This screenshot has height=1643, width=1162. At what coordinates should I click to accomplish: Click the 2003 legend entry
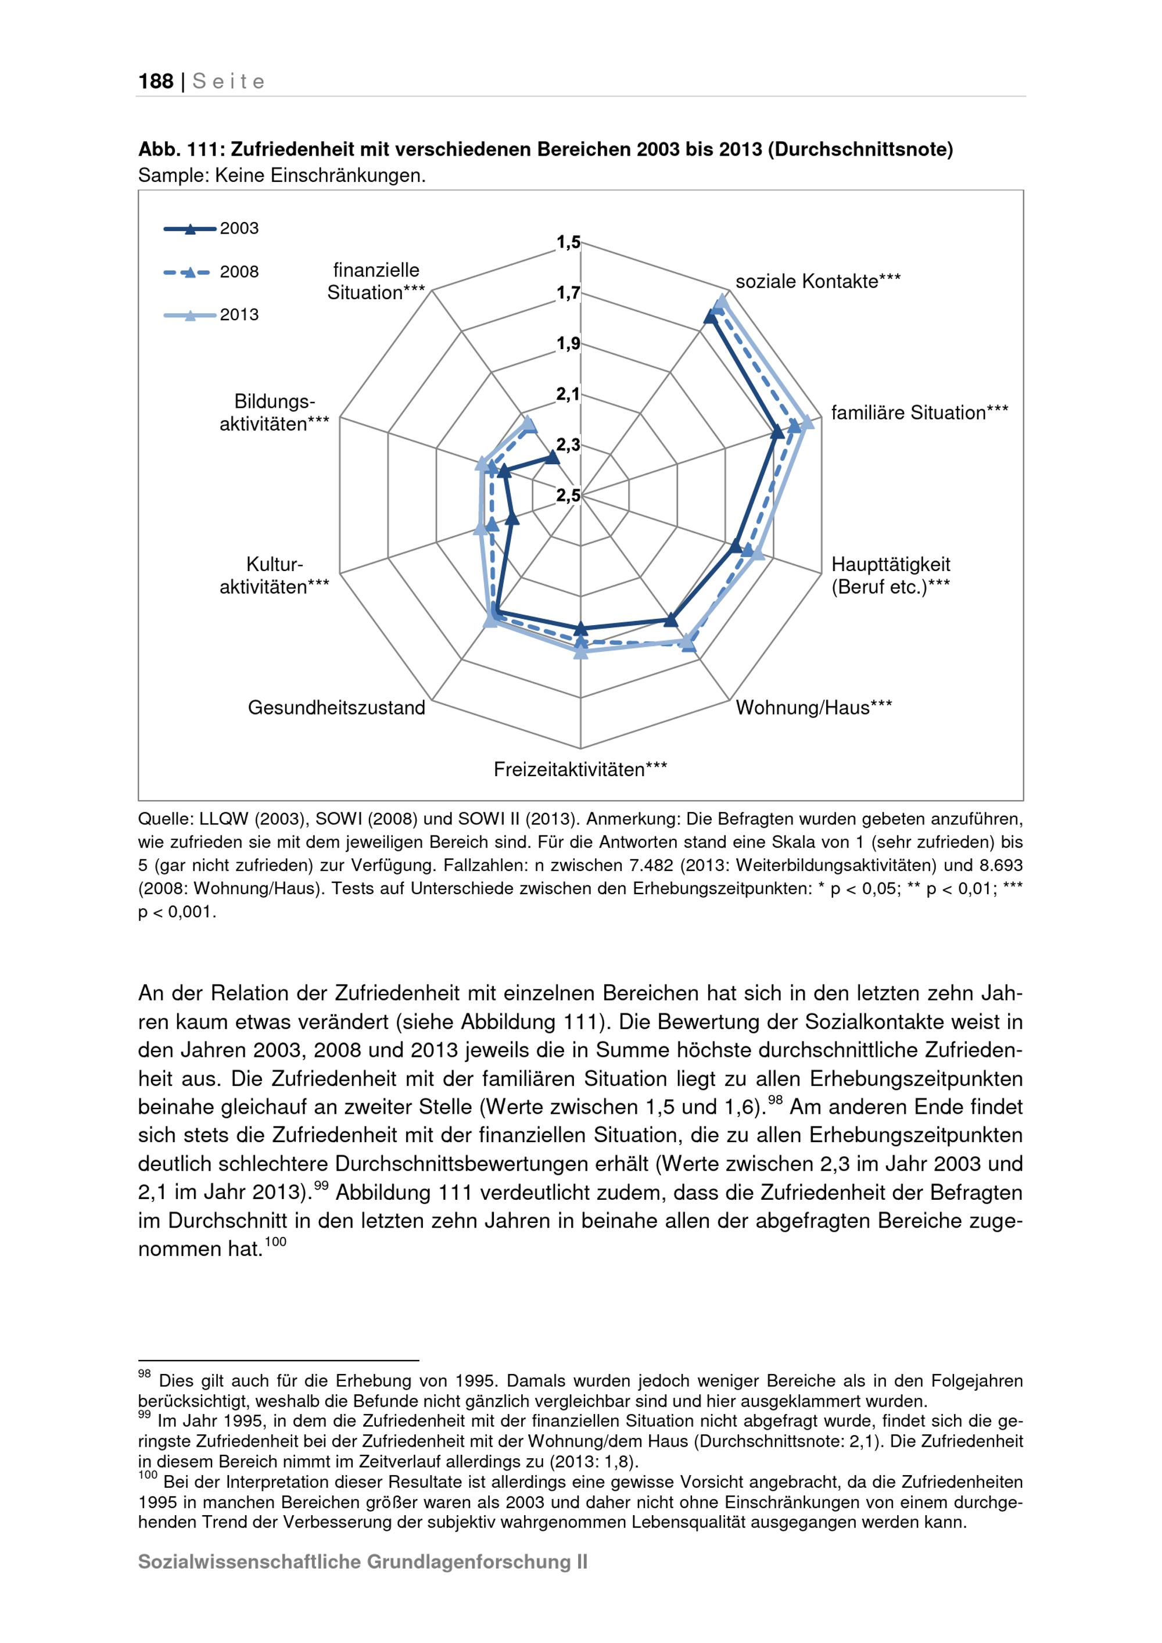pyautogui.click(x=239, y=229)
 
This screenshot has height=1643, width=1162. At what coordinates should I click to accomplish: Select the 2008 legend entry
pyautogui.click(x=239, y=272)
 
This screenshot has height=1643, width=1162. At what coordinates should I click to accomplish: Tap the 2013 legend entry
pyautogui.click(x=239, y=315)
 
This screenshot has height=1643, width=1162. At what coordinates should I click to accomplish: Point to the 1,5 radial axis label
pyautogui.click(x=568, y=243)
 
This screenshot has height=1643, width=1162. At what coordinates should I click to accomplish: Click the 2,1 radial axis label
pyautogui.click(x=568, y=393)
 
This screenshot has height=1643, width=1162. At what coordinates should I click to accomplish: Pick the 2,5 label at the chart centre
pyautogui.click(x=568, y=495)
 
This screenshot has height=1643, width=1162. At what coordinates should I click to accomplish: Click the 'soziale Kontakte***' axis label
pyautogui.click(x=818, y=282)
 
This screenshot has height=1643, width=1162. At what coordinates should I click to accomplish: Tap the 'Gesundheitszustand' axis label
pyautogui.click(x=336, y=708)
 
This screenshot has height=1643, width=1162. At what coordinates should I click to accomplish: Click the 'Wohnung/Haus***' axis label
pyautogui.click(x=813, y=708)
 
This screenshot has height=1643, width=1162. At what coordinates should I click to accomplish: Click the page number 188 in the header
pyautogui.click(x=156, y=81)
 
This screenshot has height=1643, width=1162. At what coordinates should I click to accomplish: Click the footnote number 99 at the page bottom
pyautogui.click(x=144, y=1415)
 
